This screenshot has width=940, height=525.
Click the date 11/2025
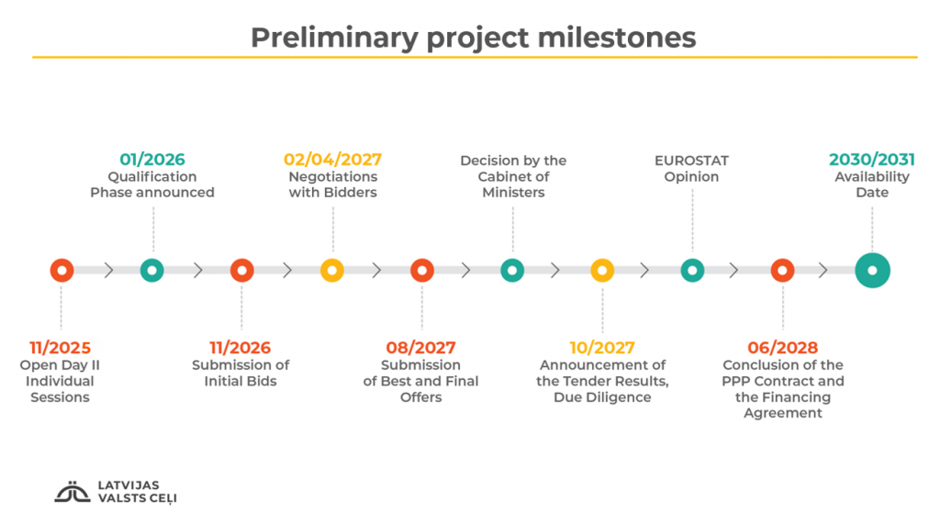point(60,348)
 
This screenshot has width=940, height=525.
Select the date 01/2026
point(152,160)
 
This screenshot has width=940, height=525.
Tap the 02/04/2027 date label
point(332,160)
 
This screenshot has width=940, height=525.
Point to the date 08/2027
point(420,348)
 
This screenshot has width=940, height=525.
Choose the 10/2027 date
point(602,348)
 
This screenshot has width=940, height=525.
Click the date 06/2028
point(782,348)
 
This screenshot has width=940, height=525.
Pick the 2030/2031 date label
point(872,160)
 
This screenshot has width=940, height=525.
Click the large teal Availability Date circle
point(872,270)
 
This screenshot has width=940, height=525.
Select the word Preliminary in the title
point(334,38)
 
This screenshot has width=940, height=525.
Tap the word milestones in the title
point(617,37)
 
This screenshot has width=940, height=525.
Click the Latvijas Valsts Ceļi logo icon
point(72,492)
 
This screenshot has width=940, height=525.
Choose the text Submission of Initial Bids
point(241,373)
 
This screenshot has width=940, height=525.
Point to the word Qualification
point(152,177)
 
